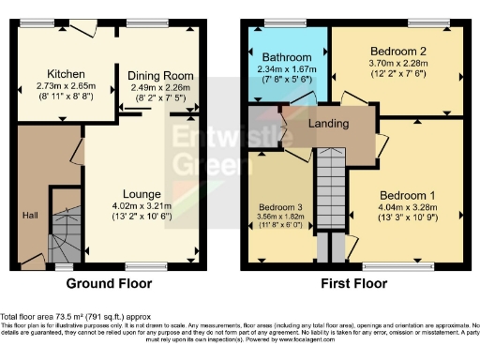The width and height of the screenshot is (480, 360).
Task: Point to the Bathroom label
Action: tap(287, 57)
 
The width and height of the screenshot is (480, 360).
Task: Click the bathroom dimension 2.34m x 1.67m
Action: tap(287, 68)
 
